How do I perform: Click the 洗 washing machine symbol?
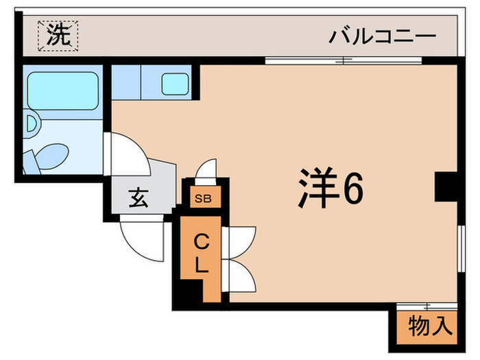(58, 36)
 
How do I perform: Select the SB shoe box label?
(203, 200)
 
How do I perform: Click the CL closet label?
(200, 254)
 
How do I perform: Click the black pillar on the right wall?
(445, 187)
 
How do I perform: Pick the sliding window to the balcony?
(343, 60)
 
